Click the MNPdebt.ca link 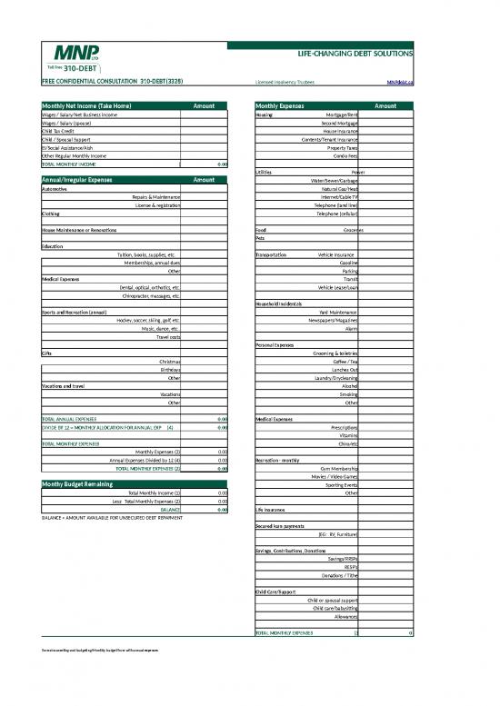click(x=399, y=81)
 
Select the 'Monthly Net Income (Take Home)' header click(x=91, y=106)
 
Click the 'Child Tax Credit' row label click(x=61, y=131)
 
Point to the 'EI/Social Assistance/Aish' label click(x=72, y=147)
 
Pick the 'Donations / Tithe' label click(x=341, y=575)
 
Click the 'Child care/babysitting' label click(x=335, y=608)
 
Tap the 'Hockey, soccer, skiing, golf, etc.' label click(x=149, y=320)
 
